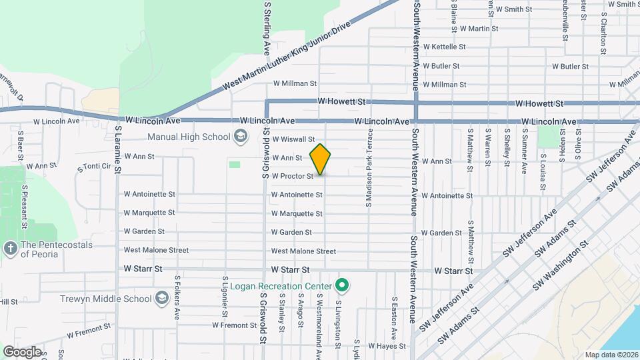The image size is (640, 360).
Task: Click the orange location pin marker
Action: tap(321, 159)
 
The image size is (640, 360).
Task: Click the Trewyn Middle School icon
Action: tap(161, 298)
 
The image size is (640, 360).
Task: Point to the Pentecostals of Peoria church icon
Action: tap(11, 249)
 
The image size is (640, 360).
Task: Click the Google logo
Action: tap(22, 351)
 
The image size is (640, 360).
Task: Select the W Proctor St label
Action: tap(292, 177)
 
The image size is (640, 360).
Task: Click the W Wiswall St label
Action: tap(293, 139)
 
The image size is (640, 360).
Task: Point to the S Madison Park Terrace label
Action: tap(368, 167)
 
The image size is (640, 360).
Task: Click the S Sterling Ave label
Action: tap(267, 27)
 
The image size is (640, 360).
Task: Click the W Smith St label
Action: tap(513, 9)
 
